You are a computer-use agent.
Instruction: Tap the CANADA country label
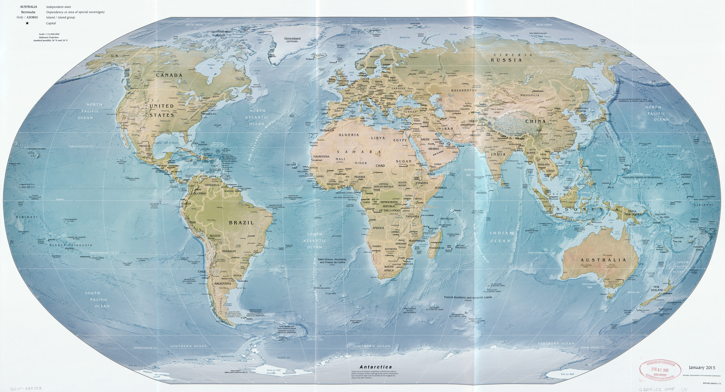pyautogui.click(x=169, y=75)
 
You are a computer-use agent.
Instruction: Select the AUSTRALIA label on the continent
pyautogui.click(x=604, y=260)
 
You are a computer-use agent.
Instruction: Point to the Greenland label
pyautogui.click(x=292, y=39)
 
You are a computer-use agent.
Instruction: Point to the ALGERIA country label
pyautogui.click(x=349, y=135)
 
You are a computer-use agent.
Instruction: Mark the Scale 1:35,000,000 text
pyautogui.click(x=49, y=34)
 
